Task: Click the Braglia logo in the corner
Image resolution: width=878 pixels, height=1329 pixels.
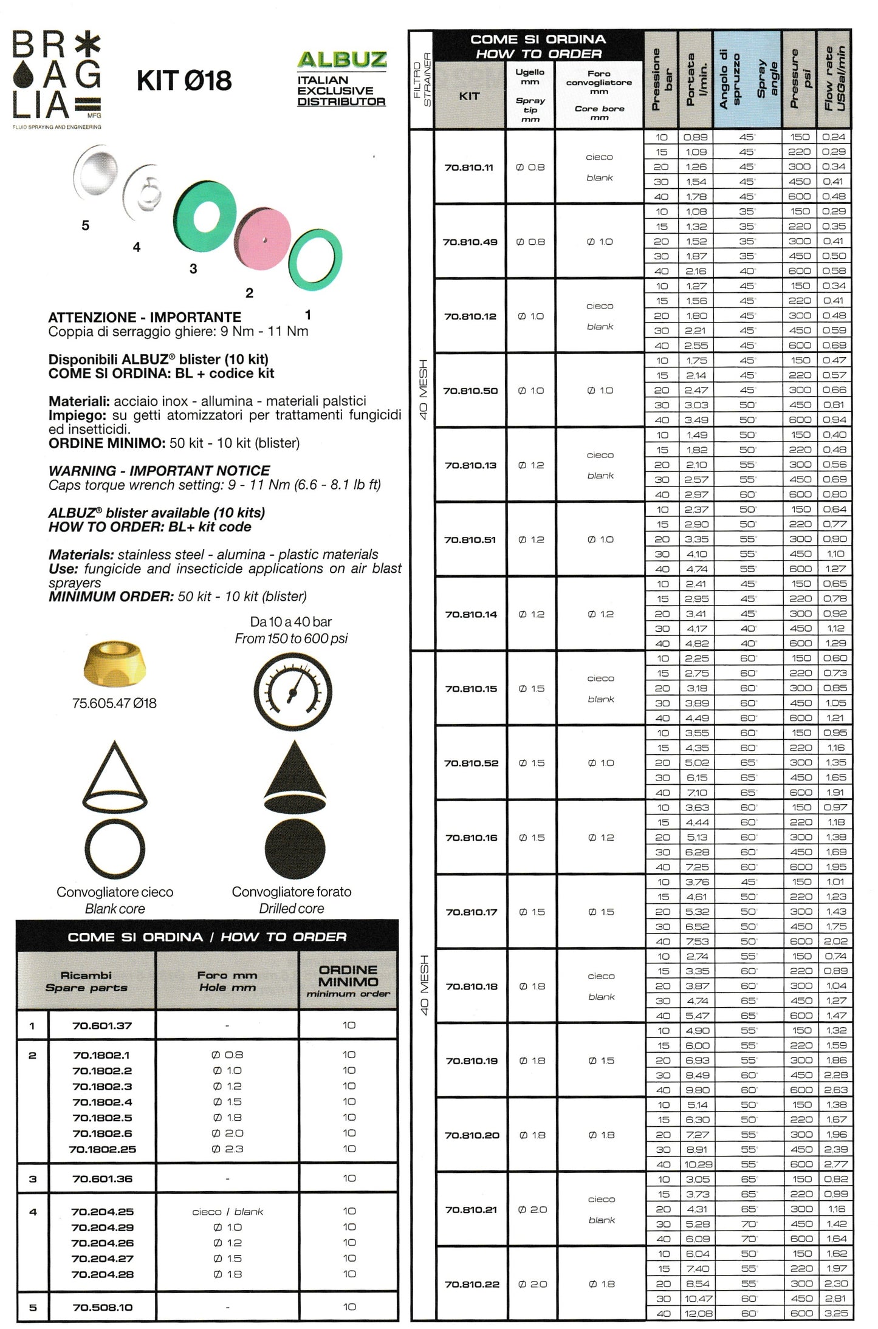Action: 57,79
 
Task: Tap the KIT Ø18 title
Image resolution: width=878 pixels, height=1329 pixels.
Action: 184,81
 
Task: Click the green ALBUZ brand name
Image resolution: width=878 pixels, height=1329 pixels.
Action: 341,60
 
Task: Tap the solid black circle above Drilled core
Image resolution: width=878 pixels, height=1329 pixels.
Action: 295,849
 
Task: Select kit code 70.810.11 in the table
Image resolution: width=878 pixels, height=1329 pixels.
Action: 469,168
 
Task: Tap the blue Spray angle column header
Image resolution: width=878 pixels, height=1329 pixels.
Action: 747,80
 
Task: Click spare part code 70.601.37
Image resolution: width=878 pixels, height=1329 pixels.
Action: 102,1026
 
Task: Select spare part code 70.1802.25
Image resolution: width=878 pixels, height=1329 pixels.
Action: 102,1149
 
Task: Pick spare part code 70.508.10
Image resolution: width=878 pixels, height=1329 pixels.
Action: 102,1307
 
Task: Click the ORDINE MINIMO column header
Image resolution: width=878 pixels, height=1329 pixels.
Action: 348,980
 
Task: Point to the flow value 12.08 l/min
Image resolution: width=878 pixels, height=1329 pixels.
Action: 698,1313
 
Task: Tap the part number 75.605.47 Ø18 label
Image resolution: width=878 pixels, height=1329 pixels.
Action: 114,703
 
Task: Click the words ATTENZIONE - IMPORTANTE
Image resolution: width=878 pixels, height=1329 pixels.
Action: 145,318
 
